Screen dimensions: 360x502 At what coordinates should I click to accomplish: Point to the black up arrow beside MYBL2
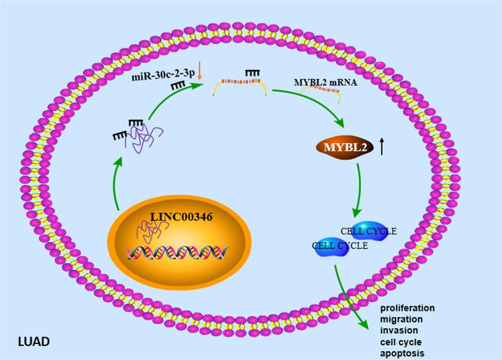point(381,147)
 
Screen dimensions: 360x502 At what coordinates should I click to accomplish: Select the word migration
point(401,319)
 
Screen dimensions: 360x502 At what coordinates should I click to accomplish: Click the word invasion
point(399,330)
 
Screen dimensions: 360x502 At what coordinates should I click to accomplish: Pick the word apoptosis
point(402,352)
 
